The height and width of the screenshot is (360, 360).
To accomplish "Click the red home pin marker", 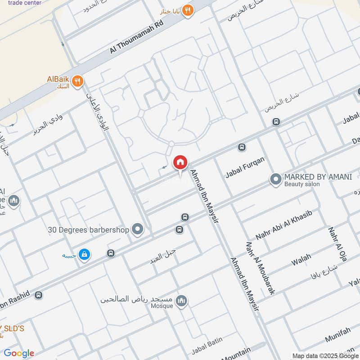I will tap(180, 162).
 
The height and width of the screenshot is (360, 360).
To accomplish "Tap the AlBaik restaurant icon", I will tap(78, 81).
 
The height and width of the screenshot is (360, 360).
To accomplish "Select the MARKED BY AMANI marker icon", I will tap(275, 180).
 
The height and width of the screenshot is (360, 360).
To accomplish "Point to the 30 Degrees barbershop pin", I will tap(138, 229).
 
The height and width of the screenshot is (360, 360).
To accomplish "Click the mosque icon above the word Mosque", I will tap(182, 300).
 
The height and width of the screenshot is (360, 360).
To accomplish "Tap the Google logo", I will tap(19, 353).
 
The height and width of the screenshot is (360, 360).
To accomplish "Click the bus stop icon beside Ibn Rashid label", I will tap(39, 295).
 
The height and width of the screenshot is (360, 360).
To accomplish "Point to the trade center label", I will tap(25, 3).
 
